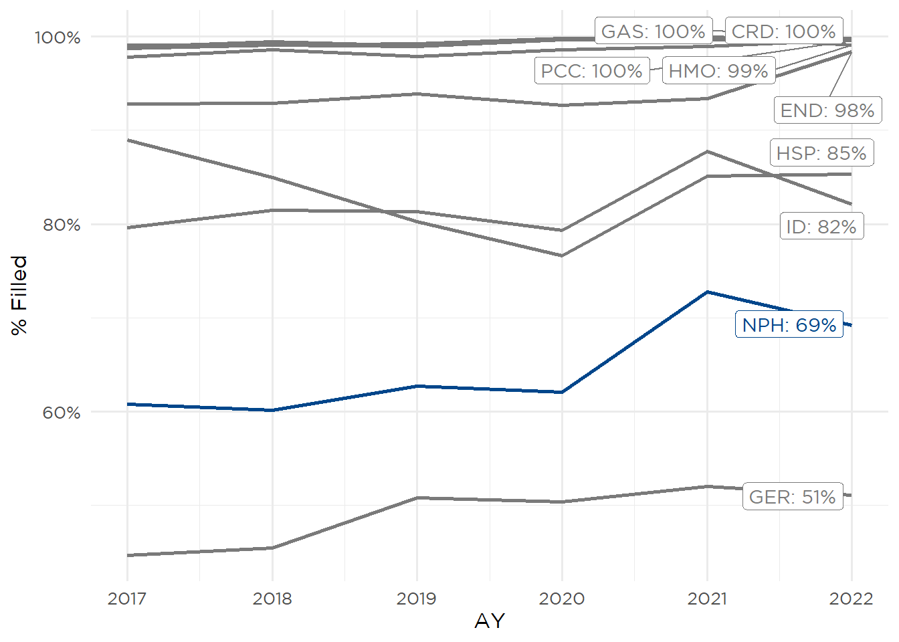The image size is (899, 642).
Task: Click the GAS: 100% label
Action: [653, 31]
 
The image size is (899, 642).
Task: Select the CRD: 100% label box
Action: [783, 31]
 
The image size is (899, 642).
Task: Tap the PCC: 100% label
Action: [591, 71]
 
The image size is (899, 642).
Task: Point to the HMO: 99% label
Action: [718, 71]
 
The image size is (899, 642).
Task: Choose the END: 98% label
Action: [827, 110]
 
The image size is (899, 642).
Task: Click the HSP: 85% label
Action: [821, 153]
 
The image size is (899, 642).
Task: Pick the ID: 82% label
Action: [821, 227]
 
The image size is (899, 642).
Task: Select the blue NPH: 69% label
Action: [789, 325]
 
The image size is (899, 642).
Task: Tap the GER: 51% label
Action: [793, 497]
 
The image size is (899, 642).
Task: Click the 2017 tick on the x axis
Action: [127, 598]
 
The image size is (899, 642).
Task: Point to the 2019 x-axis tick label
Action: [417, 598]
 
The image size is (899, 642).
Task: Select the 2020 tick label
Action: [562, 598]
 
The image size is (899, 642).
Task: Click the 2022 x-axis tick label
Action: [851, 598]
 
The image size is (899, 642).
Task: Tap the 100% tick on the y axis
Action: [58, 37]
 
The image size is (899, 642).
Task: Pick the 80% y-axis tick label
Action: [62, 225]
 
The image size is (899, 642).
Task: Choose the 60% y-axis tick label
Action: [62, 413]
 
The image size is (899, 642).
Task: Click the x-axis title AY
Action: [489, 621]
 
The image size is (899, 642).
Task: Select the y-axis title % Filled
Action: [19, 295]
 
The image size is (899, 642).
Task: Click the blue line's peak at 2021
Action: [707, 292]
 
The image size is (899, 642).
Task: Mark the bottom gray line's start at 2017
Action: [127, 555]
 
